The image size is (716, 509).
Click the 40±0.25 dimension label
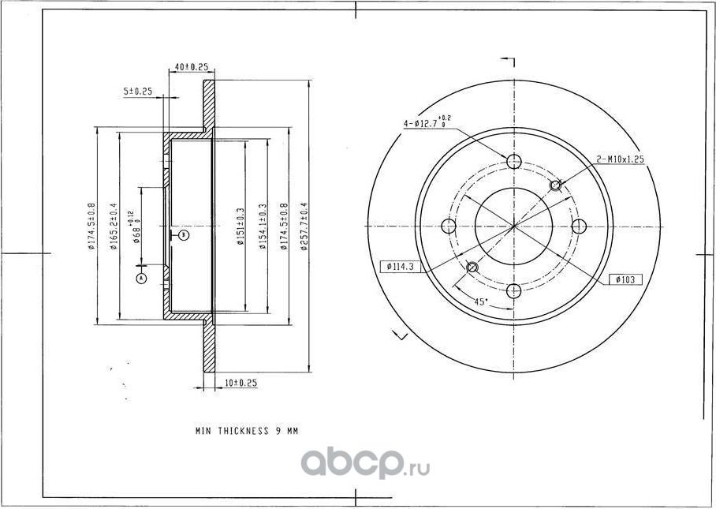coord(192,68)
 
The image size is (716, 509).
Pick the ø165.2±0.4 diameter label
coord(114,226)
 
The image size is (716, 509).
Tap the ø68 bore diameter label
coord(136,227)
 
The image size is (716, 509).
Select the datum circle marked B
coord(183,234)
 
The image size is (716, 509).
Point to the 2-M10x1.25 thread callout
coord(621,159)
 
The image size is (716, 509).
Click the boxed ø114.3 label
coord(401,267)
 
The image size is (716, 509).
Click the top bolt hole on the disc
coord(514,162)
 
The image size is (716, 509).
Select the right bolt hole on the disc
coord(580,226)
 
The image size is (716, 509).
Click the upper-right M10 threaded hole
coord(555,185)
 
